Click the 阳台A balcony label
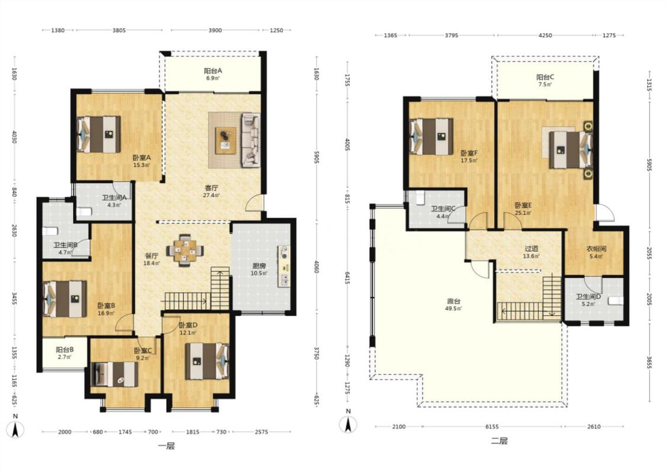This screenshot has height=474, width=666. pyautogui.click(x=213, y=71)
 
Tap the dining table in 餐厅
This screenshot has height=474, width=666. pyautogui.click(x=184, y=251)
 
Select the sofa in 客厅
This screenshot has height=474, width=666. pyautogui.click(x=250, y=139)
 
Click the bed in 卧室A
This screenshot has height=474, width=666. pyautogui.click(x=98, y=134)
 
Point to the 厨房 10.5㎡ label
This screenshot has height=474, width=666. pyautogui.click(x=259, y=270)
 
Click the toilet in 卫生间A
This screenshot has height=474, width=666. pyautogui.click(x=84, y=212)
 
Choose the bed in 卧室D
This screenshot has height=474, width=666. pyautogui.click(x=207, y=361)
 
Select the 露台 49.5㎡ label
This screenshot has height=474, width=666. pyautogui.click(x=453, y=305)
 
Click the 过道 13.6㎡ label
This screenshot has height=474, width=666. pyautogui.click(x=532, y=252)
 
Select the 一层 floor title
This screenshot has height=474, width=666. pyautogui.click(x=166, y=446)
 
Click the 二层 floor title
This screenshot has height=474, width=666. pyautogui.click(x=499, y=441)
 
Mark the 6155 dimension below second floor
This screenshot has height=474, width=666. pyautogui.click(x=492, y=427)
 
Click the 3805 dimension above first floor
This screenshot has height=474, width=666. pyautogui.click(x=119, y=30)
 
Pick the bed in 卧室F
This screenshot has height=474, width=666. pyautogui.click(x=431, y=136)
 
